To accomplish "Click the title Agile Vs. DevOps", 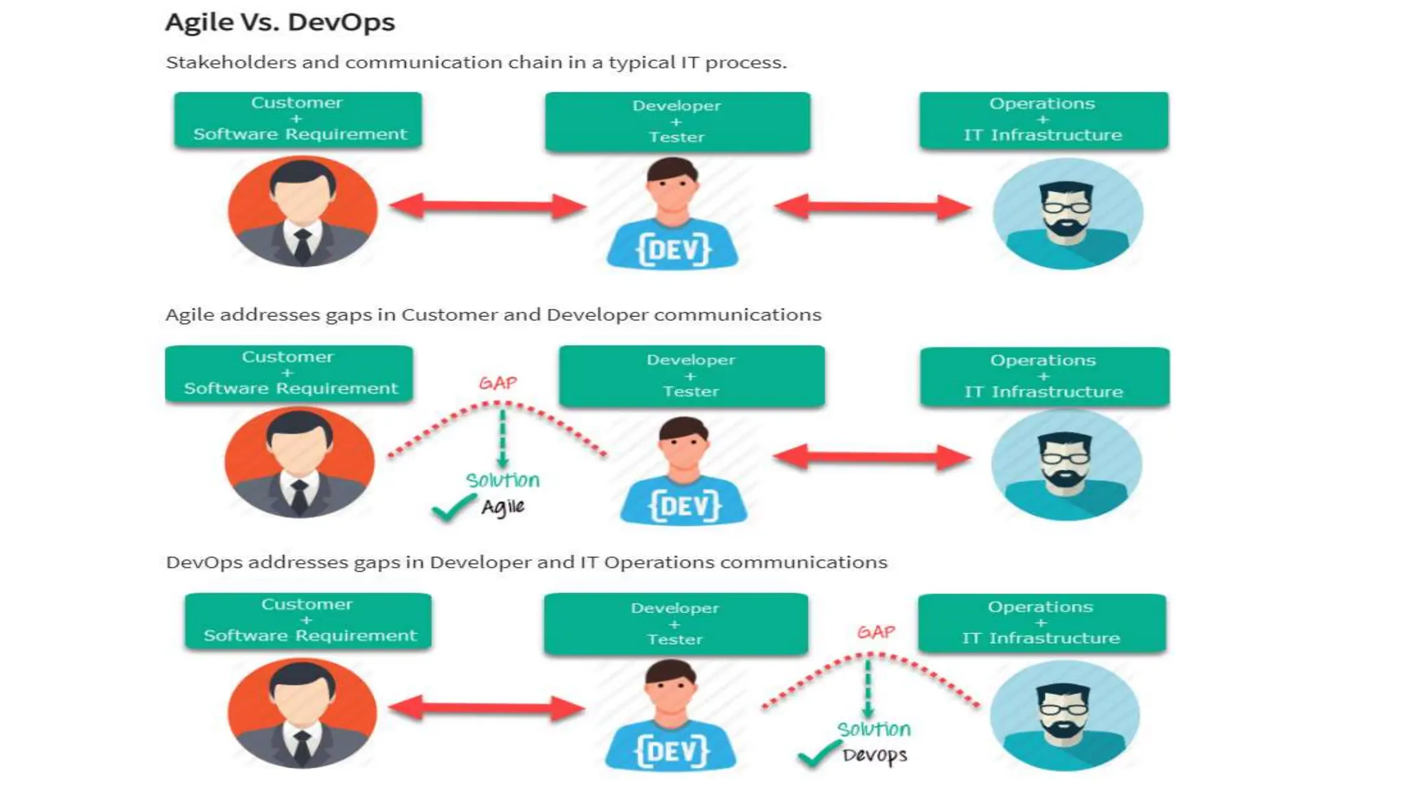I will tap(280, 23).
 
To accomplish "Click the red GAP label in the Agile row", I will tap(498, 383).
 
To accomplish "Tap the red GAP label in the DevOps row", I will tap(876, 632).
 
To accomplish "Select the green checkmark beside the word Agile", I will tap(453, 508).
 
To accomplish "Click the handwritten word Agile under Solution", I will tap(503, 507).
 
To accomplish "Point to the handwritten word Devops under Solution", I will tap(875, 756).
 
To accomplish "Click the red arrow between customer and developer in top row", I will tap(488, 206).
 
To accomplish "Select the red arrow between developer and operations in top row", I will tap(873, 206).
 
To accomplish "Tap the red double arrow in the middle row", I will tap(872, 457).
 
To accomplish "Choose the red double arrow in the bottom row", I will tap(486, 708).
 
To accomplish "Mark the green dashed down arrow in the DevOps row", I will tap(869, 687).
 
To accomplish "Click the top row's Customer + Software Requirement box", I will tap(298, 119).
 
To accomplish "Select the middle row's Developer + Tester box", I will tap(692, 376).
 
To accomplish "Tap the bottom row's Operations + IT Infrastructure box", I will tap(1041, 623).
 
